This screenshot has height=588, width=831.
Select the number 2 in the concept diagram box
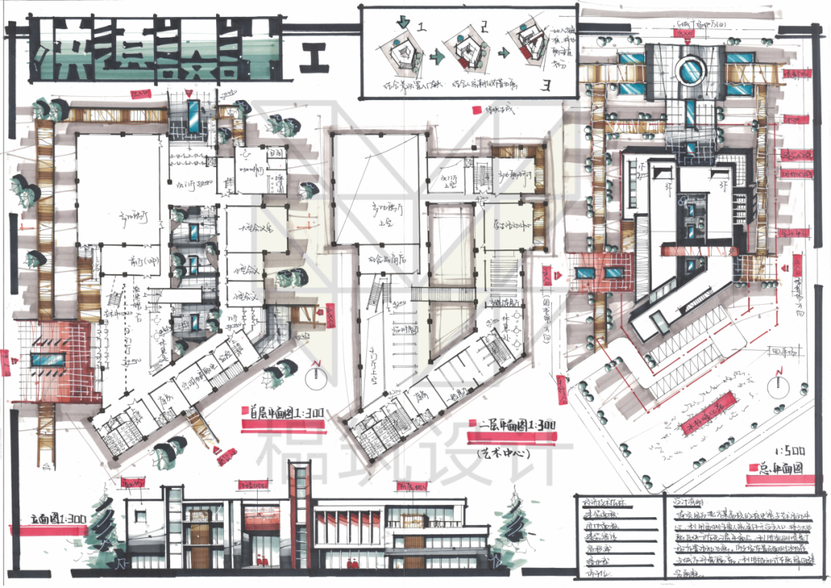point(483,28)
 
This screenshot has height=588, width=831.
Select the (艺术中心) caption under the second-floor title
point(501,453)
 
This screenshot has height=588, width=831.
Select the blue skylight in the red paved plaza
point(48,359)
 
